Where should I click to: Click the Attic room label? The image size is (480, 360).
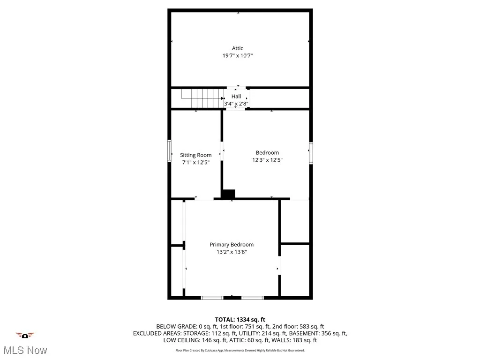coord(237,48)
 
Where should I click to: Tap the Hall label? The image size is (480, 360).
coord(236,96)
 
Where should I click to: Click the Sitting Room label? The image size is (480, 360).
coord(196,155)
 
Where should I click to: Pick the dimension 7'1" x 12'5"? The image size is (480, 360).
coord(196,162)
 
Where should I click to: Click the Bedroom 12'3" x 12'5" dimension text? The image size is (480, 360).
coord(267,160)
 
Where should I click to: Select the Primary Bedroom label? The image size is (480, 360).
coord(232,244)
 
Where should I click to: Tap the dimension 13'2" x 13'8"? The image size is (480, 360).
coord(232,252)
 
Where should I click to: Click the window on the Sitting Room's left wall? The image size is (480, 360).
coord(170,152)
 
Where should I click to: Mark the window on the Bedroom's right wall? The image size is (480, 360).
coord(310,153)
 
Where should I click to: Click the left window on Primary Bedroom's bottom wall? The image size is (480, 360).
coord(212,298)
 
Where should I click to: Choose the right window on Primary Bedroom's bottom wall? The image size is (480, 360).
coord(253,298)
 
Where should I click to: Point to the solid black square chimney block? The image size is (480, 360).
coord(228,194)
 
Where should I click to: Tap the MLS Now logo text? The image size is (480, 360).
coord(25,350)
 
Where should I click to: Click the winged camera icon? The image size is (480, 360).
coord(25,335)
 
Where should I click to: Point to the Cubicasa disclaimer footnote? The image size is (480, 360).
coord(240,350)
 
